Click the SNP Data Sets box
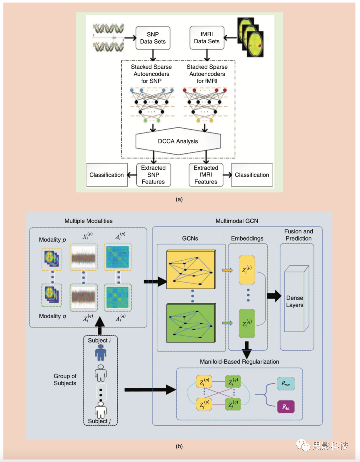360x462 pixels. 153,38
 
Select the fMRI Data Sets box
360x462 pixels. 207,38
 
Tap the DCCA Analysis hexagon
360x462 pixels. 178,141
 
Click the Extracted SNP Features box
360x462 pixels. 153,175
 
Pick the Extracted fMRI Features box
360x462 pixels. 206,175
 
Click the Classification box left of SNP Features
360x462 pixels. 107,175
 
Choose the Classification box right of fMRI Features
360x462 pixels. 252,175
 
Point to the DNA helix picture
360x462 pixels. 108,38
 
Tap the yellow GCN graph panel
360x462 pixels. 191,269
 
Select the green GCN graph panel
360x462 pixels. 191,323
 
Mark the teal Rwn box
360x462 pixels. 286,384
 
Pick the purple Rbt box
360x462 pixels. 286,407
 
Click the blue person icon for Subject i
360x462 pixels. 101,353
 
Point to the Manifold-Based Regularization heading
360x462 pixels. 239,362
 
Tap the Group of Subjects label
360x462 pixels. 65,380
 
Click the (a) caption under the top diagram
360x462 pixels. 179,199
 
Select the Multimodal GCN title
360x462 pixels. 237,221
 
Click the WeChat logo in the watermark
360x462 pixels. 303,445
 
